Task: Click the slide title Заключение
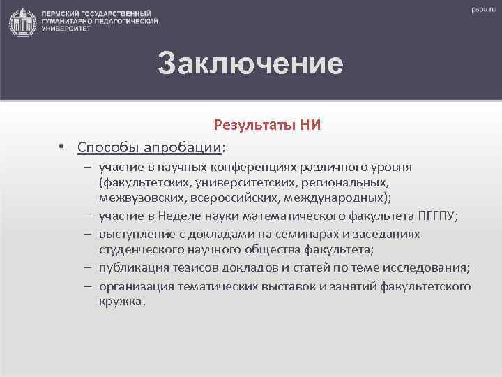click(x=250, y=64)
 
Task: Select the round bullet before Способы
click(x=62, y=147)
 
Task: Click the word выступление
click(x=135, y=235)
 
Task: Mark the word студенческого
click(x=140, y=249)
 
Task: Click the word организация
click(x=134, y=286)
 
